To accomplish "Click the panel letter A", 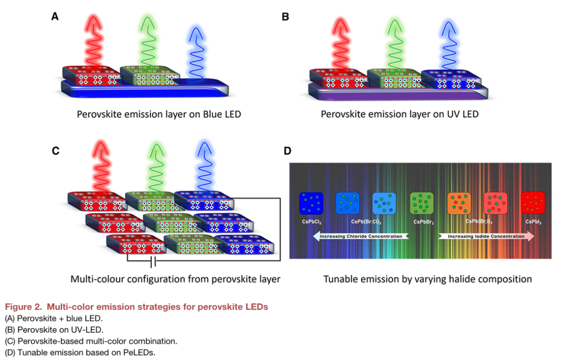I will pyautogui.click(x=55, y=16).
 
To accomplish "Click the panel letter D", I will pyautogui.click(x=288, y=151).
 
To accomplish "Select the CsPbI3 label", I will pyautogui.click(x=534, y=222).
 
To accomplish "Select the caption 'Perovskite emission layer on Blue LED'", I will pyautogui.click(x=159, y=114).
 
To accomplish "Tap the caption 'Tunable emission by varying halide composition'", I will pyautogui.click(x=427, y=278).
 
